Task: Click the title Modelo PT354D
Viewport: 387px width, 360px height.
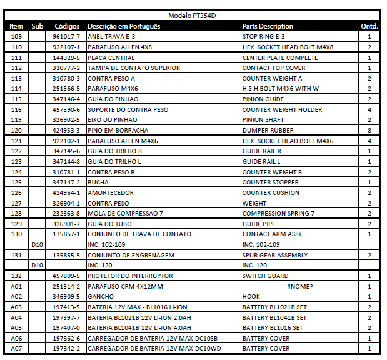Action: [x=193, y=16]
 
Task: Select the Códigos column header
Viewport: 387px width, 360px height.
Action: [x=67, y=26]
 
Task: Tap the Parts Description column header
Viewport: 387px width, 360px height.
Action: [x=268, y=26]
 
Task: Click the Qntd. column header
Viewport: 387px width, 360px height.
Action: [x=369, y=26]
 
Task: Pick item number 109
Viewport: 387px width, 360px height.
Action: [x=17, y=37]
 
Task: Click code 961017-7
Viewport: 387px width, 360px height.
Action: [x=66, y=37]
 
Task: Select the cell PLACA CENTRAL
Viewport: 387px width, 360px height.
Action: [x=111, y=57]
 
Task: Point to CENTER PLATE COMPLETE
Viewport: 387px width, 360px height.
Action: [x=279, y=57]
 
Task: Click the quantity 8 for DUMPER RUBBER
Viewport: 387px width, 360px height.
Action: [x=369, y=131]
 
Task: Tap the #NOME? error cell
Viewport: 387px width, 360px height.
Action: [x=300, y=286]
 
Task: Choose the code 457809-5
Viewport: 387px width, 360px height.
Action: [x=66, y=276]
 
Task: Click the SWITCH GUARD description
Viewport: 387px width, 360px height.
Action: [x=265, y=276]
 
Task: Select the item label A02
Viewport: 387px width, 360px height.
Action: [x=17, y=296]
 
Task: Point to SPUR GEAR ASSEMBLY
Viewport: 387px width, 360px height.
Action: [x=275, y=255]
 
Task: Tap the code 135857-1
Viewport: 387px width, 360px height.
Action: [x=66, y=234]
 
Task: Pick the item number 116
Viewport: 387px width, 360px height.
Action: [x=17, y=109]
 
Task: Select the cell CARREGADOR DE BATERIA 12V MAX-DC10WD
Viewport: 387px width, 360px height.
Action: [x=154, y=348]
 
